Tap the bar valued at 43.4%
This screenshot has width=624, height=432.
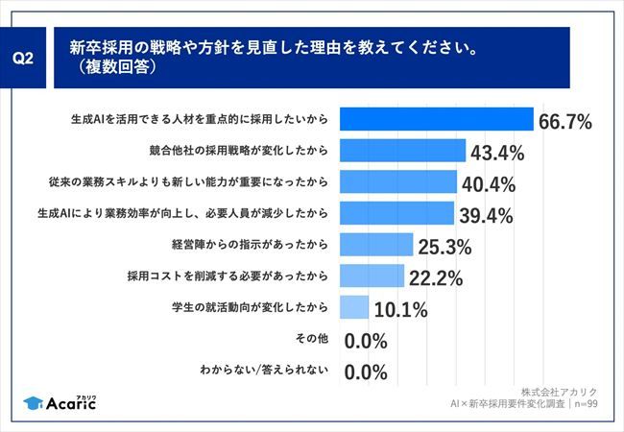click(404, 150)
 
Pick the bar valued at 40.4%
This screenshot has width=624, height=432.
click(399, 181)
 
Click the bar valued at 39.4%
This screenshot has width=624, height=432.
click(397, 212)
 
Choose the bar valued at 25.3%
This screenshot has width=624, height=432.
click(377, 244)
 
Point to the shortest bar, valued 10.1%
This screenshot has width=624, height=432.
click(355, 306)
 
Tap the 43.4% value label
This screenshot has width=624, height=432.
click(495, 153)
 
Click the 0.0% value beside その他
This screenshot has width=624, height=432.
click(365, 341)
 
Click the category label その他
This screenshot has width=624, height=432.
click(315, 338)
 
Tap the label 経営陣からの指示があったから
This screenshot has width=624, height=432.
click(253, 244)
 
